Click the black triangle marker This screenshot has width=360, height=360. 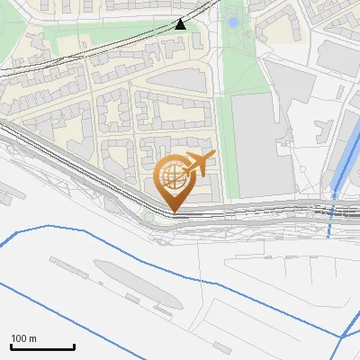tap(181, 23)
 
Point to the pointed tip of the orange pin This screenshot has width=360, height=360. tap(174, 211)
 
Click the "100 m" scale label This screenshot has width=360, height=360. tap(23, 338)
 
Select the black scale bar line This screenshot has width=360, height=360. tap(42, 346)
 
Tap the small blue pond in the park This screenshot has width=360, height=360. tap(233, 22)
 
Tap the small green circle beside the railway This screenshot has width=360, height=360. tap(148, 215)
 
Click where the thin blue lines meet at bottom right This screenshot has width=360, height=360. tap(342, 337)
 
